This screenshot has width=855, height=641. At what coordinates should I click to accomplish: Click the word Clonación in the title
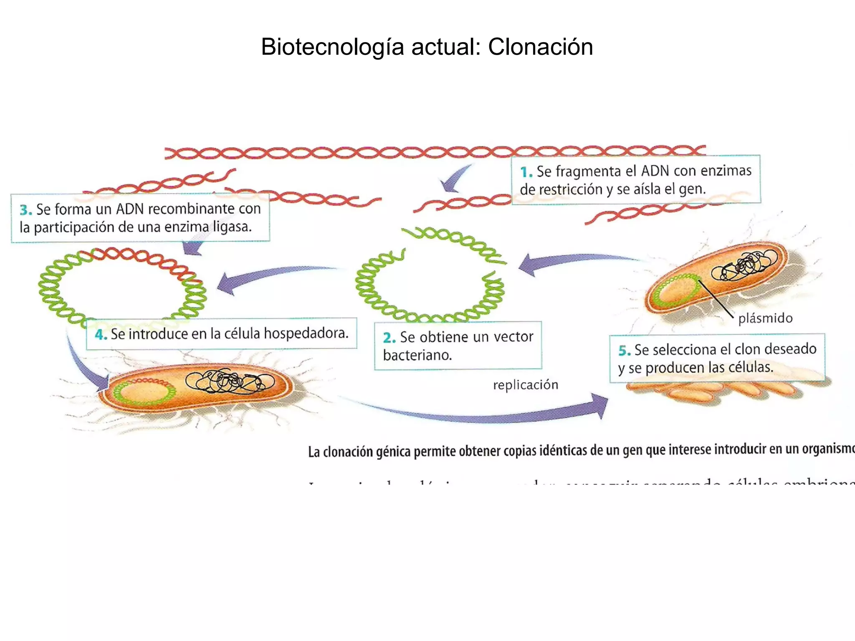(540, 47)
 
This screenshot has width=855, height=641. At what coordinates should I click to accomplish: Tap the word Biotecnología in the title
(332, 47)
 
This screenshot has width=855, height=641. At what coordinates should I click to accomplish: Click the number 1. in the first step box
(526, 172)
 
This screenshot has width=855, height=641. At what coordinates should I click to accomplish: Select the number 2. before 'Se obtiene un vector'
(389, 337)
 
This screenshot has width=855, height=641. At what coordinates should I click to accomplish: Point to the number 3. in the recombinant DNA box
(26, 209)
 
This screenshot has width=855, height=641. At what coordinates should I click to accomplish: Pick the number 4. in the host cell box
(101, 334)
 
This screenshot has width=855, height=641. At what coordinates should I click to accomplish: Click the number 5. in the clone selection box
(625, 351)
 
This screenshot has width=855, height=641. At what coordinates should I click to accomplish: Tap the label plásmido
(765, 318)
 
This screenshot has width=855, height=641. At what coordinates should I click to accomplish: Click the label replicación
(526, 385)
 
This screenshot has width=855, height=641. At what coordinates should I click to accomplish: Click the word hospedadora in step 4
(306, 333)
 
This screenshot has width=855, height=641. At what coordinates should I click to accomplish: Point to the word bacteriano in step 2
(417, 356)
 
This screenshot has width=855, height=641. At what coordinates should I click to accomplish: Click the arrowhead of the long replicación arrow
(599, 405)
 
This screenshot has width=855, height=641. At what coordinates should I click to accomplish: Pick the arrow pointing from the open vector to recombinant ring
(267, 278)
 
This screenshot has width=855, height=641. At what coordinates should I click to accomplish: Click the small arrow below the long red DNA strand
(453, 179)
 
